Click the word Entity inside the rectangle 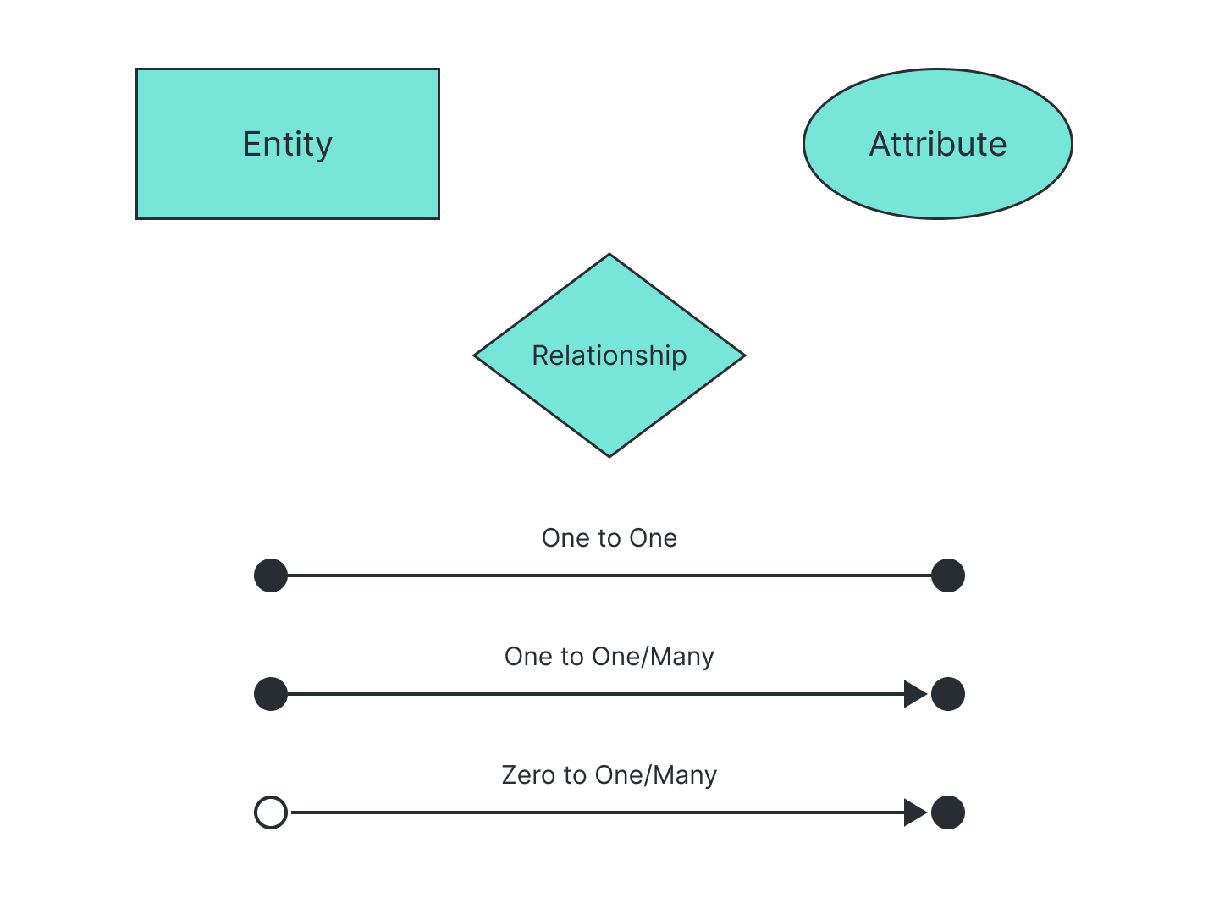click(x=288, y=145)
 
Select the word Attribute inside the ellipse click(x=937, y=144)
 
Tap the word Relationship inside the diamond click(x=609, y=356)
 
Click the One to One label click(x=609, y=537)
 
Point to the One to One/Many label click(x=609, y=657)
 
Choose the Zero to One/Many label click(x=609, y=775)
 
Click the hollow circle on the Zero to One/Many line click(x=271, y=812)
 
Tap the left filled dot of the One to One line click(x=271, y=575)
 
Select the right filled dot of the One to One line click(x=948, y=575)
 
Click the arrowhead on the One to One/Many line click(x=915, y=694)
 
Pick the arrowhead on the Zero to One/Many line click(x=915, y=812)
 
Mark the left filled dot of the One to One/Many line click(x=271, y=694)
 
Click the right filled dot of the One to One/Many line click(x=948, y=694)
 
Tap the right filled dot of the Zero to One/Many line click(x=948, y=812)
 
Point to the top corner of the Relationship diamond click(x=609, y=254)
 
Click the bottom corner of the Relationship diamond click(x=609, y=457)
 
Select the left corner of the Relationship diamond click(x=474, y=355)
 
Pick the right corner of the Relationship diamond click(x=745, y=355)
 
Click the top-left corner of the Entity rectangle click(x=136, y=69)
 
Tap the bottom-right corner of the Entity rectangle click(x=439, y=218)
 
